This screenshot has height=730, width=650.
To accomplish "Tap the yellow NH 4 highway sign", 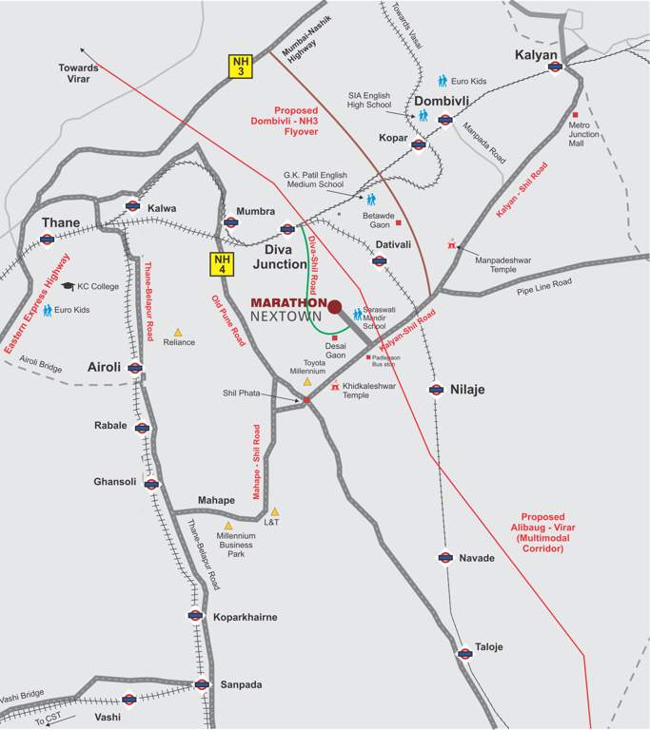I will tap(222, 264).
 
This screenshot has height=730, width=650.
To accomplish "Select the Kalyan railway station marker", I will tap(555, 67).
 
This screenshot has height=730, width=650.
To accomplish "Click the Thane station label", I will tap(60, 222).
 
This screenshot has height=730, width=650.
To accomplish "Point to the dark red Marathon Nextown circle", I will tap(334, 306).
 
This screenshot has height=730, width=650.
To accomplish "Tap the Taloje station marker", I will tap(464, 652).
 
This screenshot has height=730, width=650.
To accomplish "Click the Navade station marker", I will tap(443, 558).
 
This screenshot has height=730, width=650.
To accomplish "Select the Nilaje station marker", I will tap(436, 389).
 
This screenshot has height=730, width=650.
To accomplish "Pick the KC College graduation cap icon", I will tap(68, 285).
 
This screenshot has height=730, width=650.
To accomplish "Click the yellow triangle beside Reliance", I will tap(177, 333).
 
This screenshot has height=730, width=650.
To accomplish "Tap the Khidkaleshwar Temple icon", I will tap(335, 386).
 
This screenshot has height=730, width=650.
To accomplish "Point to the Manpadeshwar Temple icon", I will tap(452, 245).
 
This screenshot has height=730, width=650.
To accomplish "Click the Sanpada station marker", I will tap(201, 684).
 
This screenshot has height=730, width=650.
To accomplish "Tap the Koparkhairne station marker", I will tap(195, 615).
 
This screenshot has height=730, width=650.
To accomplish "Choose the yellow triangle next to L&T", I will tap(274, 511).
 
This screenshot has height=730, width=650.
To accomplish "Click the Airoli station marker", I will tap(135, 368).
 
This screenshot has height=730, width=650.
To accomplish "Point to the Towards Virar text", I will tap(78, 73).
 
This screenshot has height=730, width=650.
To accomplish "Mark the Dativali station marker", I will tap(380, 261).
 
